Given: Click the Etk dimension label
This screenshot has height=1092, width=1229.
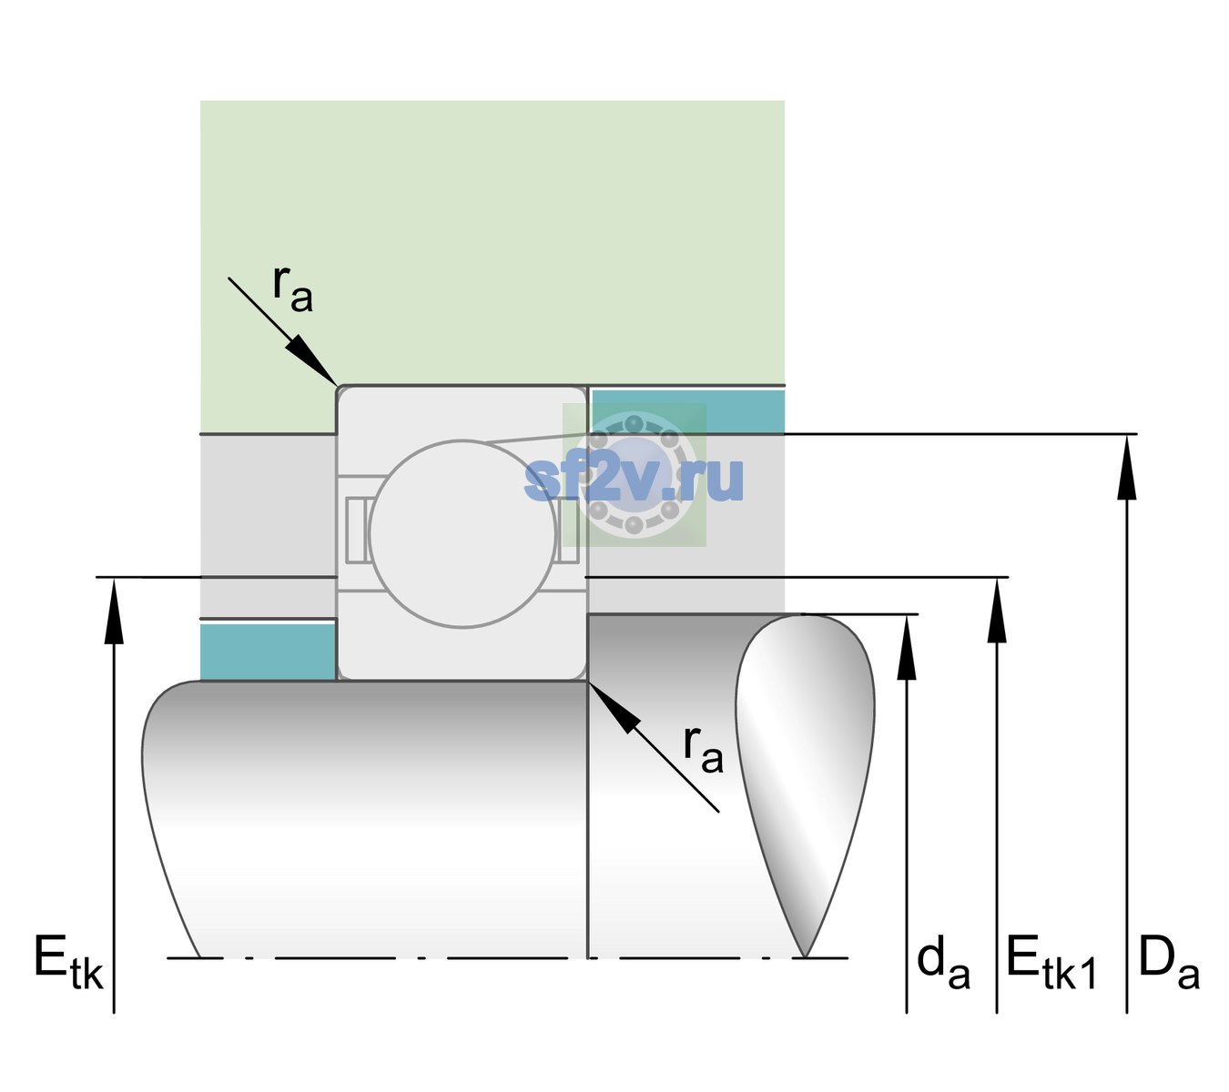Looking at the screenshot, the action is pyautogui.click(x=68, y=962).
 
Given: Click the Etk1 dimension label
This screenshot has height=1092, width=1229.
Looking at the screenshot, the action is pyautogui.click(x=1051, y=962).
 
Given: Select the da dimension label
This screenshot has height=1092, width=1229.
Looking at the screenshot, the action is pyautogui.click(x=943, y=962).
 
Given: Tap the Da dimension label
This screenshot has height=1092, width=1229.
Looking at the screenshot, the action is pyautogui.click(x=1169, y=962).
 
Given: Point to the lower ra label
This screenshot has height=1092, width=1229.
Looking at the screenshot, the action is pyautogui.click(x=703, y=749).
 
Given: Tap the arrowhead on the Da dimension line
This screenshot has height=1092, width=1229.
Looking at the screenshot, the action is pyautogui.click(x=1126, y=467).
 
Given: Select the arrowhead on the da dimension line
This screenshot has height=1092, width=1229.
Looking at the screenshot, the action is pyautogui.click(x=907, y=647).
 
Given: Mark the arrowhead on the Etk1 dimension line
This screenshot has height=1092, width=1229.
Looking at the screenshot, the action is pyautogui.click(x=997, y=611).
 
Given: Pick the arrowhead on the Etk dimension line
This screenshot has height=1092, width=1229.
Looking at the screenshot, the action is pyautogui.click(x=114, y=611).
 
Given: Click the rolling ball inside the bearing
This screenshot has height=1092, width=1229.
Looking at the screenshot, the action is pyautogui.click(x=462, y=533).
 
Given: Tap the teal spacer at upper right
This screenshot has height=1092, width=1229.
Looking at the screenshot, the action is pyautogui.click(x=688, y=410).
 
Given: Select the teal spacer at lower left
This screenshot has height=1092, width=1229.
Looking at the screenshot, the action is pyautogui.click(x=269, y=652).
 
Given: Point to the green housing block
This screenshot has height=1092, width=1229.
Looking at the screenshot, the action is pyautogui.click(x=492, y=243).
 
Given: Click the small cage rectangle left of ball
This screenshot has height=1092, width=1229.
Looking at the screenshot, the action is pyautogui.click(x=355, y=530).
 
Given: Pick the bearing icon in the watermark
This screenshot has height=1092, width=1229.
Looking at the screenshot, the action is pyautogui.click(x=635, y=475).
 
